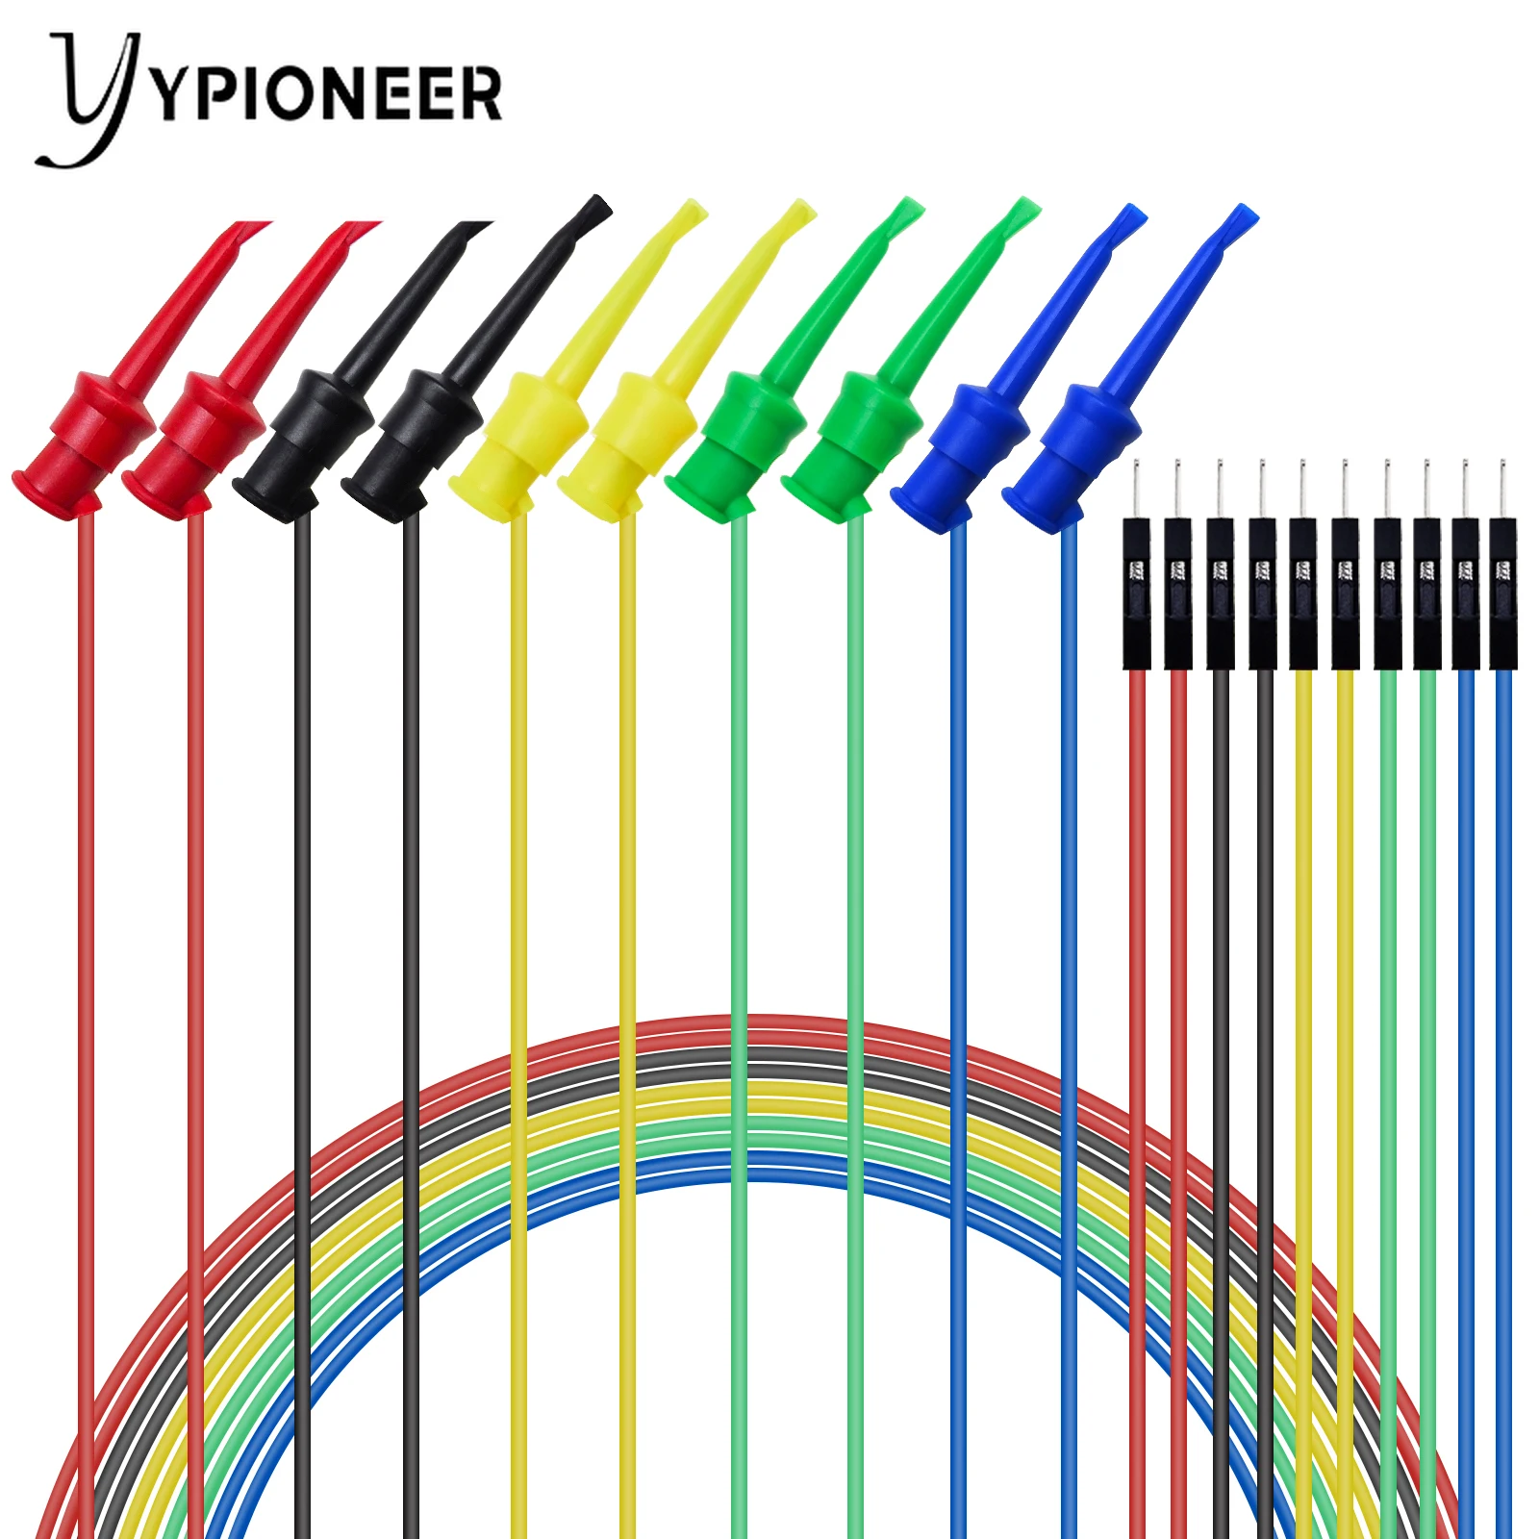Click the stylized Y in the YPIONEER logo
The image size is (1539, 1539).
tap(91, 96)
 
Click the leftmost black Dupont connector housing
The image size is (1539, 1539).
tap(1137, 593)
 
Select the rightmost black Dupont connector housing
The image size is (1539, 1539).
tap(1502, 593)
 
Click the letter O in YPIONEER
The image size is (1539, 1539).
tap(290, 93)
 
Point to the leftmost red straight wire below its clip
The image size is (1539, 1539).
tap(86, 866)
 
